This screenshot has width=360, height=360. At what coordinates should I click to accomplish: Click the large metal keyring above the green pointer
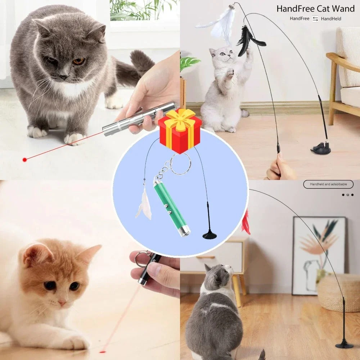click(180, 164)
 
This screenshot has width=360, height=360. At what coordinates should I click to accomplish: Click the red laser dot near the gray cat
click(24, 159)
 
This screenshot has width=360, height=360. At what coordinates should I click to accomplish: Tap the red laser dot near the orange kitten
click(103, 351)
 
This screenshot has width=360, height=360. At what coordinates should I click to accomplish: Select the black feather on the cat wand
click(248, 41)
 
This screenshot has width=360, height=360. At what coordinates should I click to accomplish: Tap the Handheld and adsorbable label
click(328, 184)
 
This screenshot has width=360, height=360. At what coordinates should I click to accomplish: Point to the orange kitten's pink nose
click(62, 303)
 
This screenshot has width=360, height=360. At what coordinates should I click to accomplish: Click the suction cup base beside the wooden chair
click(321, 148)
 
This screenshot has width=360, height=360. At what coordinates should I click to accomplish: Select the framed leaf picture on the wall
click(319, 254)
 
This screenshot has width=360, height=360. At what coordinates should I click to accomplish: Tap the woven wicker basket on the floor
click(338, 292)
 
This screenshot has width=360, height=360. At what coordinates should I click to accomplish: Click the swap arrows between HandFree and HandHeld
click(315, 19)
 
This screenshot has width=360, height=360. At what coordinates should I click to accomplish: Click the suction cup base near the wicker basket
click(344, 344)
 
